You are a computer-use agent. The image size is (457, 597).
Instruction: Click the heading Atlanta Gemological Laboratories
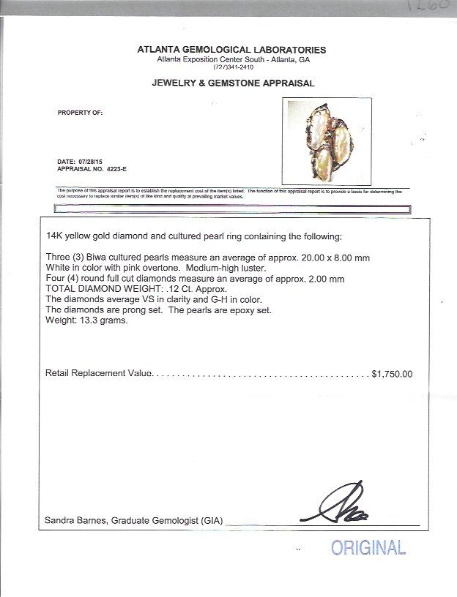coord(231,50)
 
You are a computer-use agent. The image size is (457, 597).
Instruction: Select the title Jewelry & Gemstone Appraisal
coord(233,83)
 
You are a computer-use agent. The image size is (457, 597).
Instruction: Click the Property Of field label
coord(80,113)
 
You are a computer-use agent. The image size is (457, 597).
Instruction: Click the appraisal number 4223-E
coord(115,168)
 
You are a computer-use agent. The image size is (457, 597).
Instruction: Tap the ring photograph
coord(327,142)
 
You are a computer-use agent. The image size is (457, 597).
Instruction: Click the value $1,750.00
coord(392,374)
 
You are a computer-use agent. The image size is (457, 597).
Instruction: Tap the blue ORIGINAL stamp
coord(368,547)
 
